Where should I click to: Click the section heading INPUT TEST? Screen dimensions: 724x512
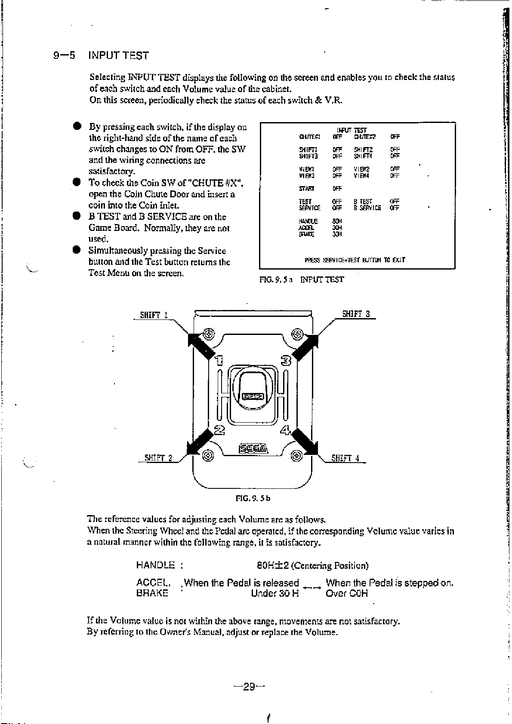click(118, 55)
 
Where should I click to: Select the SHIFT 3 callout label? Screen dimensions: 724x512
click(356, 314)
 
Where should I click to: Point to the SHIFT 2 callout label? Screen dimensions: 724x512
click(158, 458)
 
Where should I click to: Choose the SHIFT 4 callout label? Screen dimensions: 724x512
click(345, 458)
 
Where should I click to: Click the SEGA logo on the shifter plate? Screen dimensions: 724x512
click(253, 449)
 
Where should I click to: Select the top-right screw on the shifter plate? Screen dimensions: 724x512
click(296, 334)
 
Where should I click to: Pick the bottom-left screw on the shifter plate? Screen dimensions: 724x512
click(208, 455)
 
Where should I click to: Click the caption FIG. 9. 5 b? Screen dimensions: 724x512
click(253, 499)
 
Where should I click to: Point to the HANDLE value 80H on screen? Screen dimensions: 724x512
click(337, 221)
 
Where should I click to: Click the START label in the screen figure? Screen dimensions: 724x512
click(306, 188)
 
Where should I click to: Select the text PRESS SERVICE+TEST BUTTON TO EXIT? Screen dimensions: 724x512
click(355, 260)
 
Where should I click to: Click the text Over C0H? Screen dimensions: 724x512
click(347, 594)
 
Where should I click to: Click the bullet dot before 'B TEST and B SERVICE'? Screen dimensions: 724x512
click(77, 216)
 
